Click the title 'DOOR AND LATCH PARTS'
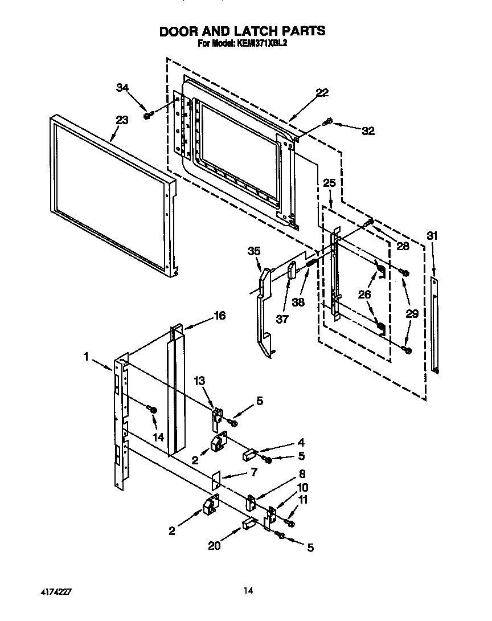[242, 31]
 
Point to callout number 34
[122, 87]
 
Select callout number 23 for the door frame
[122, 120]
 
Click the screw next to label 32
[329, 121]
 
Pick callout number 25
[329, 183]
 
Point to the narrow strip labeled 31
[435, 325]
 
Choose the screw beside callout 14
[151, 409]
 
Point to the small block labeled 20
[248, 524]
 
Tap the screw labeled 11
[291, 523]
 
